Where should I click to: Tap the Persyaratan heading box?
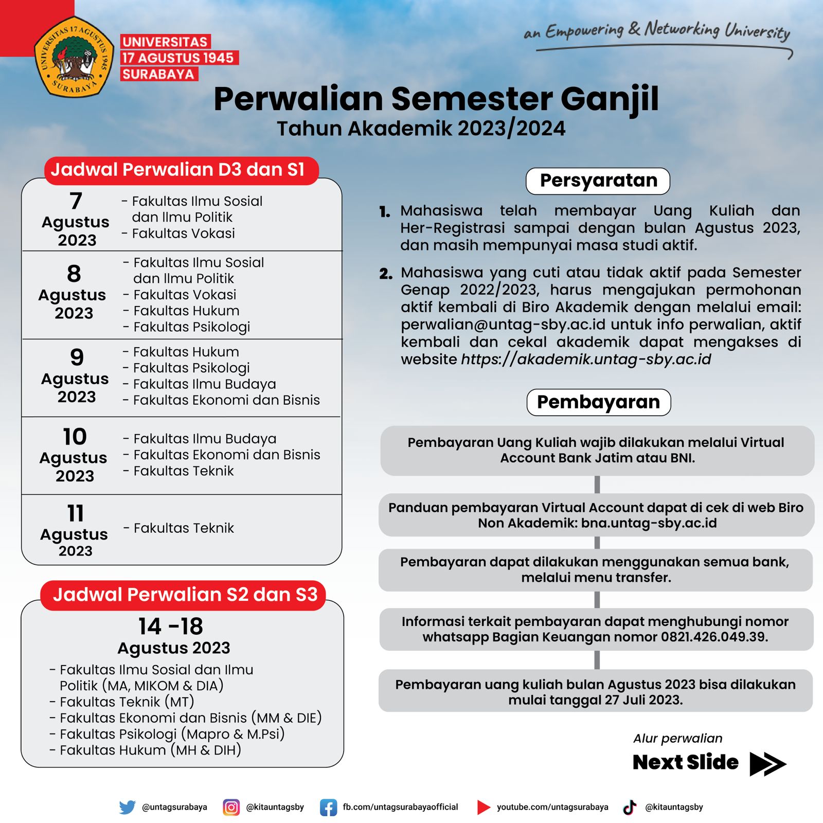598,181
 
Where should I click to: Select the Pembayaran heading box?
598,402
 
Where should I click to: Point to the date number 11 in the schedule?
75,513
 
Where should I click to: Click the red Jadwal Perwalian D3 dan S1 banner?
181,170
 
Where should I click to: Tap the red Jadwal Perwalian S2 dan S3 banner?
184,595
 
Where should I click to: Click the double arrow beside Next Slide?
767,763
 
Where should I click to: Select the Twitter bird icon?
127,807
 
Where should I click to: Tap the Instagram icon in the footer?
231,807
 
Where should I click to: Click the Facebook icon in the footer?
328,807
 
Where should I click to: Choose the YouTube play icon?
483,807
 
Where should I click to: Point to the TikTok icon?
630,807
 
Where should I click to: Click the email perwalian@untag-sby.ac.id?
503,325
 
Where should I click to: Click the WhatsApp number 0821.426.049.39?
713,637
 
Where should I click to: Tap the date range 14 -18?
171,627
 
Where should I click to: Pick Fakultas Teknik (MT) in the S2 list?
127,702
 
